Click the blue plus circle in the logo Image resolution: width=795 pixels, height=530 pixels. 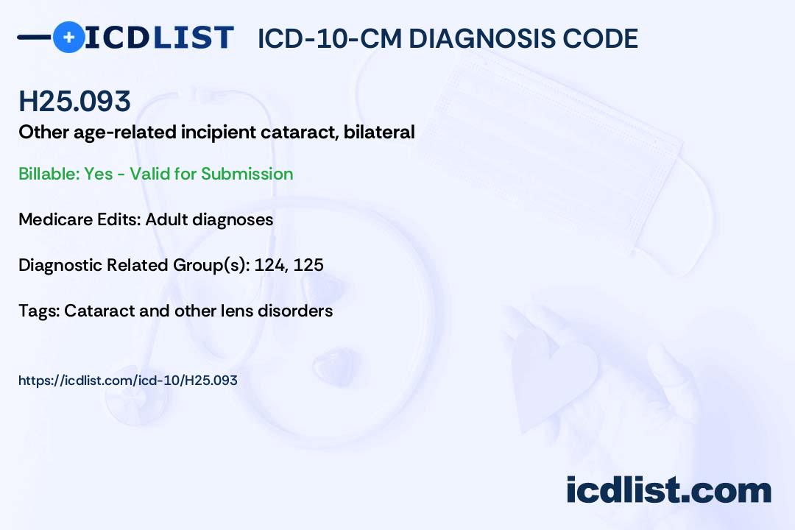point(68,38)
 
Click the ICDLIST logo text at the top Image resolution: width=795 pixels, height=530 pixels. point(159,38)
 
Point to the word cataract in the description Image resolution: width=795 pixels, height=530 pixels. point(299,132)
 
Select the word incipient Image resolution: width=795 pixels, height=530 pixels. point(219,133)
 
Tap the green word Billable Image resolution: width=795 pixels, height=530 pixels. point(49,174)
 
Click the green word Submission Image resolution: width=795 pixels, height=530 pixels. point(247,174)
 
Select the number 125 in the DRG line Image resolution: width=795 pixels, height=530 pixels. point(308,265)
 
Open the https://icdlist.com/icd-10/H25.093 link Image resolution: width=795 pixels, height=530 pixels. point(128,381)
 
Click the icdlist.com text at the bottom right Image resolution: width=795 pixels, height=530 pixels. point(668,490)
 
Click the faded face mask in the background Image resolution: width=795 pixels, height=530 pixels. point(563,152)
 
